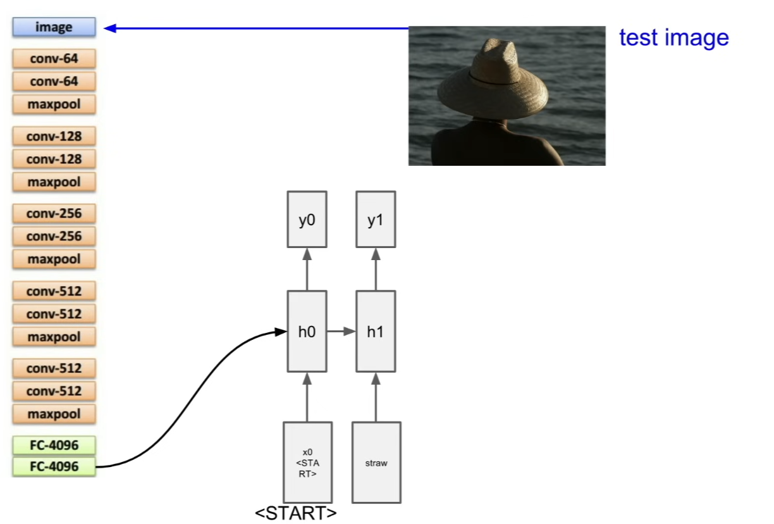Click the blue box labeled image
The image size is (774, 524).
tap(54, 27)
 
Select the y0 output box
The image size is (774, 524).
tap(307, 220)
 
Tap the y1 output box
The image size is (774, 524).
tap(376, 220)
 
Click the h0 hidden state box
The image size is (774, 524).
tap(307, 332)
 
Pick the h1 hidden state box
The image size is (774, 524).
tap(376, 332)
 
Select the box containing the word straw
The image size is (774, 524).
tap(376, 463)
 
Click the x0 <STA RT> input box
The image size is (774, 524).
tap(307, 463)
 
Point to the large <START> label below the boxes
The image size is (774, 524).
tap(296, 513)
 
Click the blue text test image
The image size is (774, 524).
tap(674, 37)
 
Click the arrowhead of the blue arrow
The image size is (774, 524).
tap(110, 28)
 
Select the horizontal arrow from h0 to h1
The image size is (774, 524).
tap(341, 332)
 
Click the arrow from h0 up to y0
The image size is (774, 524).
tap(307, 270)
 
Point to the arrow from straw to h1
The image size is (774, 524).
tap(376, 397)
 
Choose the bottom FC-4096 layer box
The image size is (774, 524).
tap(54, 466)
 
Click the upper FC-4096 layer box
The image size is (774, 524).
tap(54, 445)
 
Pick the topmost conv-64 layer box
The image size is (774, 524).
tap(54, 58)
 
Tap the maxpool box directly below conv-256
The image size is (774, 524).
tap(54, 259)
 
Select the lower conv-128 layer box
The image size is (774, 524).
tap(54, 159)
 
